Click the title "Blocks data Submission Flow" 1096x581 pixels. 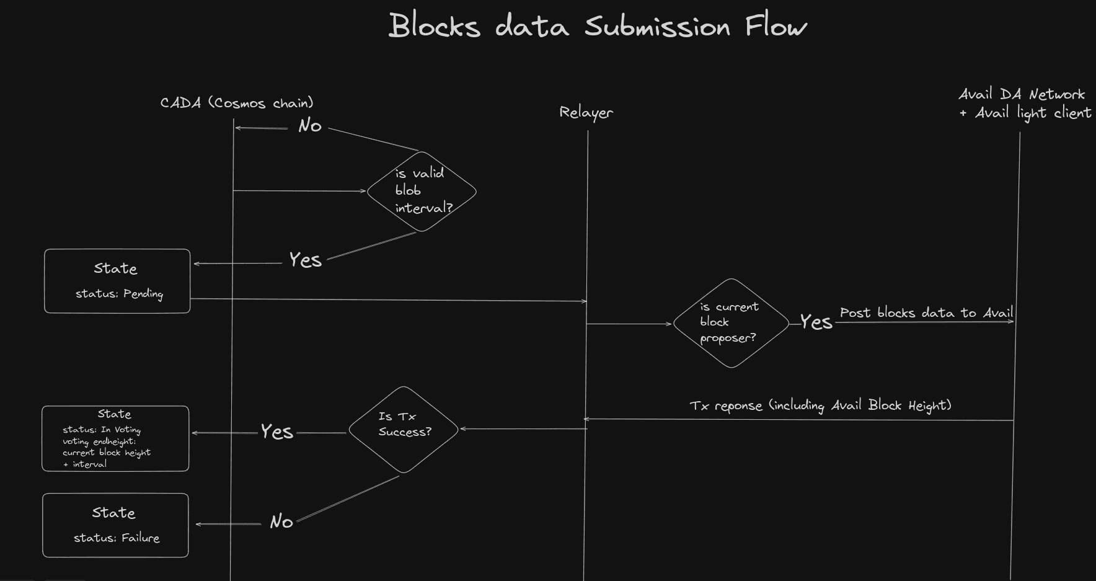click(597, 26)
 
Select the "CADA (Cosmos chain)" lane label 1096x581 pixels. click(237, 103)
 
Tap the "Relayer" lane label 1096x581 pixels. click(586, 112)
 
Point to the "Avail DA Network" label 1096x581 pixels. click(1022, 94)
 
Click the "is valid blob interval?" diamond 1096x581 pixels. click(422, 191)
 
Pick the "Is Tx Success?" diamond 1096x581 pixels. click(404, 429)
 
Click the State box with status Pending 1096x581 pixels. click(117, 281)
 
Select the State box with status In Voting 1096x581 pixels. click(115, 438)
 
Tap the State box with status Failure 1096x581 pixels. click(115, 525)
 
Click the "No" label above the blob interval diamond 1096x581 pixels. click(310, 126)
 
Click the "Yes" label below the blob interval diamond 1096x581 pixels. click(305, 260)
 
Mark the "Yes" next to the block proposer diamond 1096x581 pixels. click(816, 322)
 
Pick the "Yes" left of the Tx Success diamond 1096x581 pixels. click(276, 432)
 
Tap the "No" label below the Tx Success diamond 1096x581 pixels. click(281, 521)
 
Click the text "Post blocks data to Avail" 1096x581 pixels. click(926, 313)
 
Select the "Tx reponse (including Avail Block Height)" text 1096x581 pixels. click(820, 406)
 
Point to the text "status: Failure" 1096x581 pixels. click(117, 538)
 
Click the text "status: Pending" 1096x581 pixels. click(119, 294)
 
